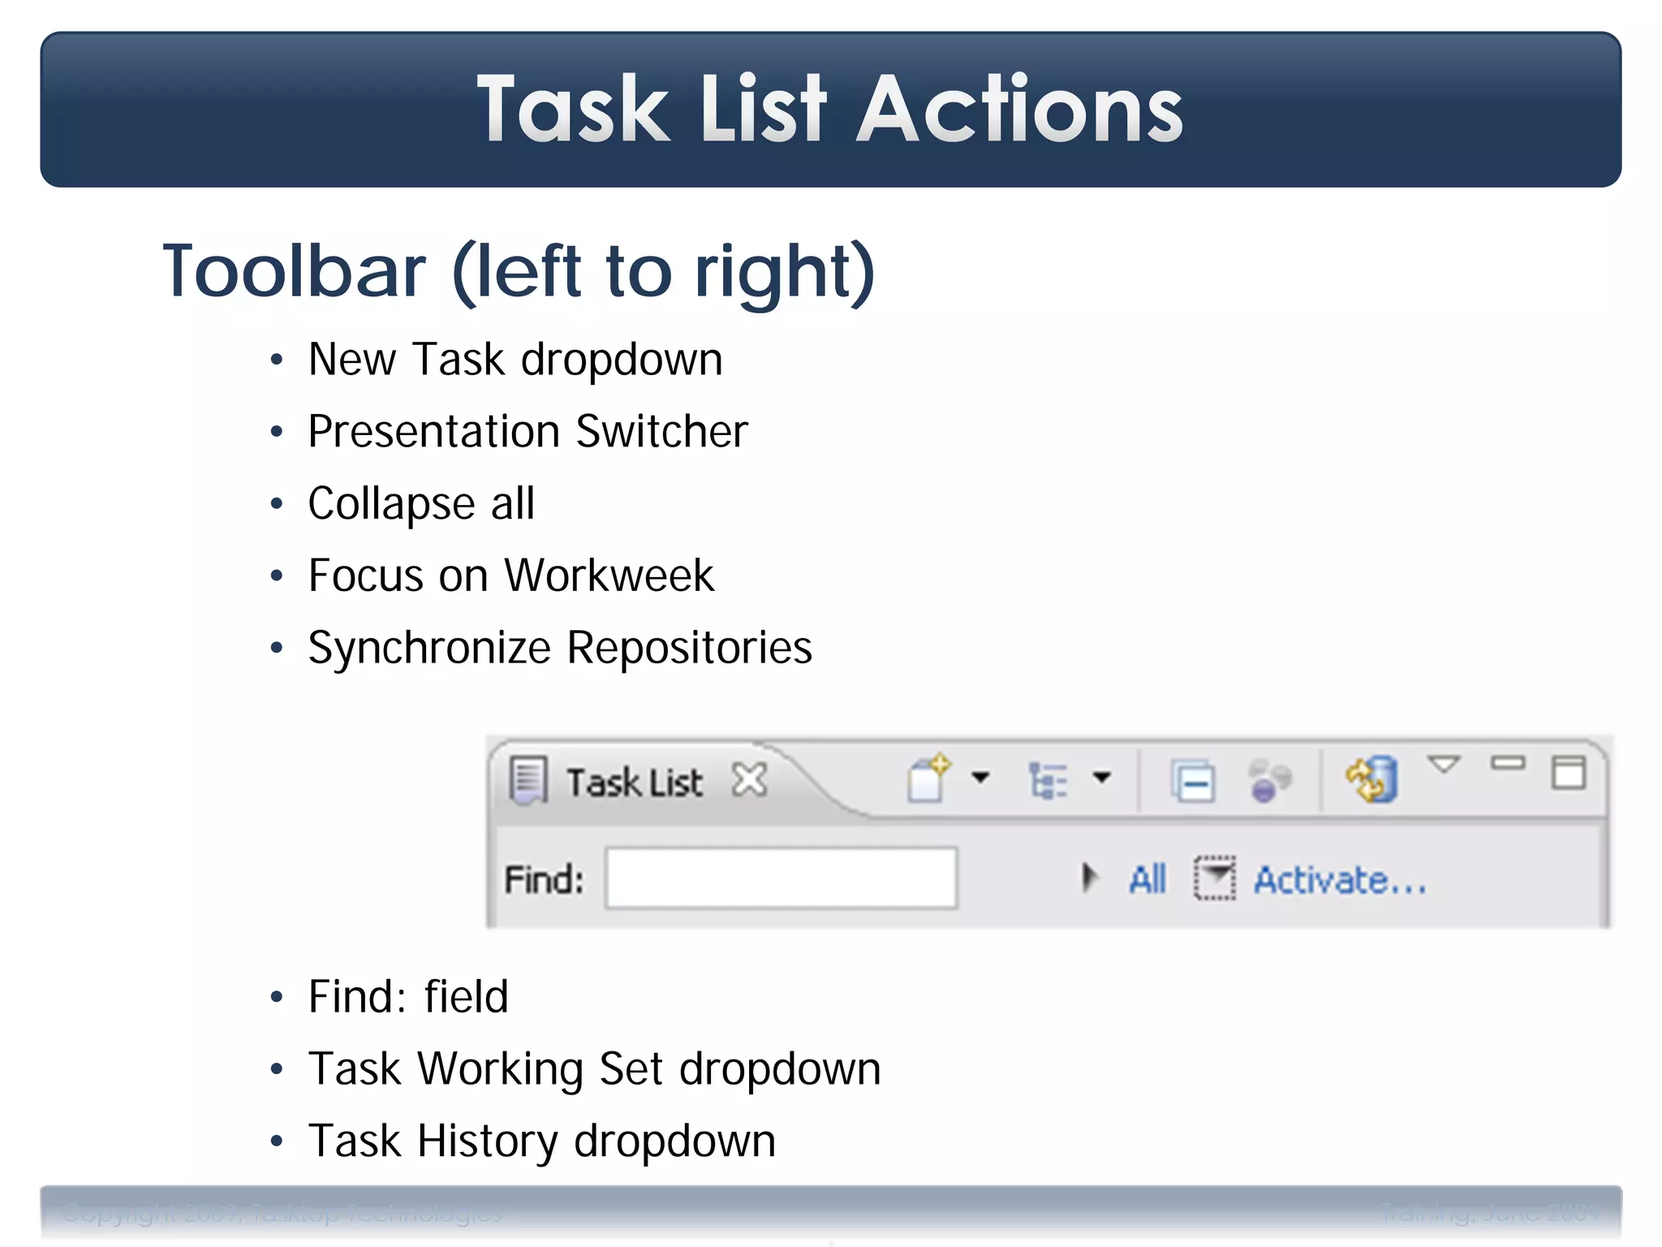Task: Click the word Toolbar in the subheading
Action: [x=294, y=272]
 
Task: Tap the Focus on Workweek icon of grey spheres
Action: [x=1268, y=780]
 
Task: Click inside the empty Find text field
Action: [x=781, y=878]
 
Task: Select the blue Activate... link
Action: [x=1340, y=880]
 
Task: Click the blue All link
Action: [x=1147, y=879]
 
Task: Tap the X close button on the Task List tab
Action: [x=749, y=780]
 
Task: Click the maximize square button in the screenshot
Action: [x=1568, y=772]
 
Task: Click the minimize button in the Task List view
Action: [x=1507, y=763]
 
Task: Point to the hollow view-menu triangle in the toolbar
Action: [x=1444, y=764]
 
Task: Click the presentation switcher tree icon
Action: [x=1048, y=780]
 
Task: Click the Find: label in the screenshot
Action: [x=544, y=879]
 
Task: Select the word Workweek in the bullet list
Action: [x=609, y=576]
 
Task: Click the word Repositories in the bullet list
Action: [x=689, y=648]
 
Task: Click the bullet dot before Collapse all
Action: [x=277, y=504]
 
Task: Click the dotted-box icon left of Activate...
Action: [x=1214, y=878]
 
